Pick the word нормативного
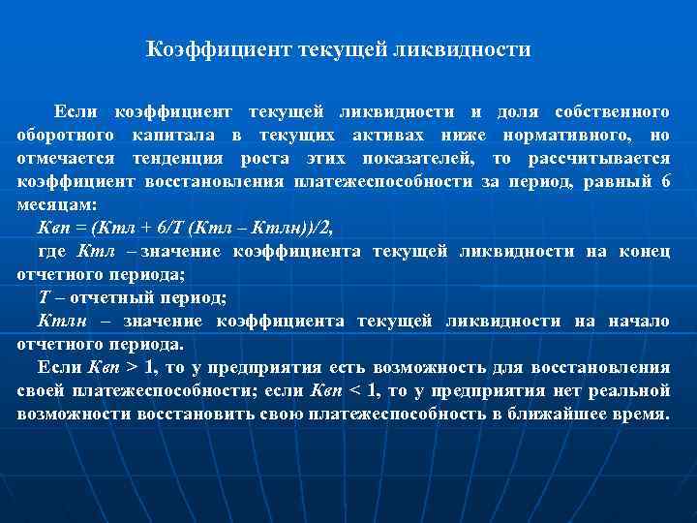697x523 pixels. [x=572, y=135]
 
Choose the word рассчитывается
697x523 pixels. [x=597, y=158]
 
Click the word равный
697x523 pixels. [x=607, y=181]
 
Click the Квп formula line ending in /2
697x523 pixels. [x=183, y=228]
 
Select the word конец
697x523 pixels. [x=645, y=251]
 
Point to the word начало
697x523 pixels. [x=639, y=321]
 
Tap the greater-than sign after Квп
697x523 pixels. [x=133, y=367]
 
